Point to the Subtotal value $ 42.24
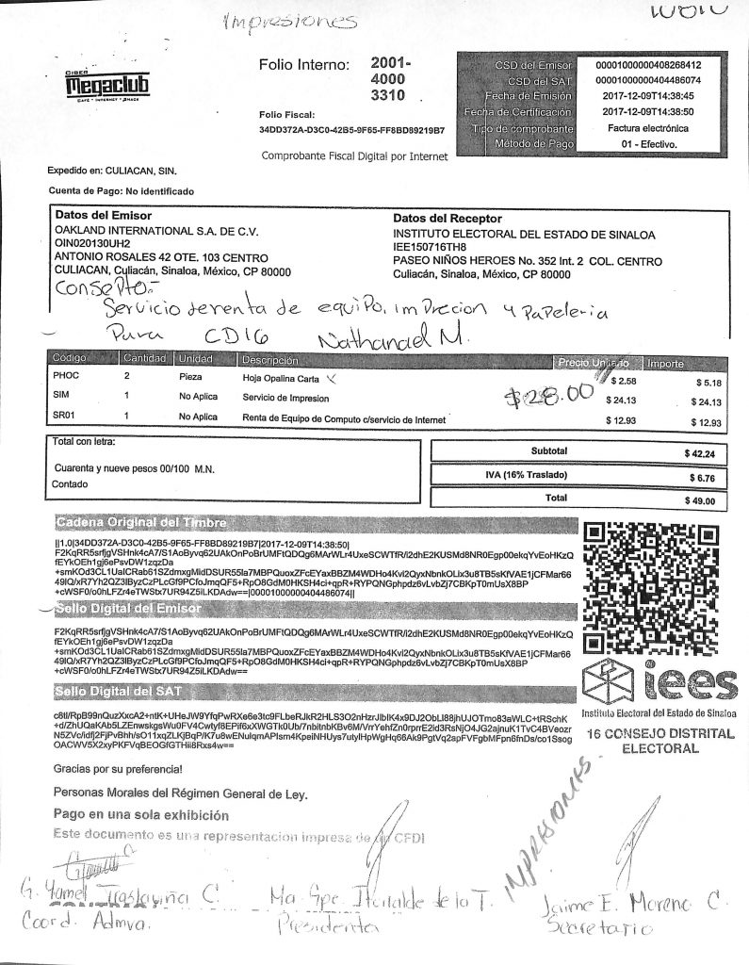click(x=699, y=453)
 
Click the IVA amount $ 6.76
click(x=699, y=477)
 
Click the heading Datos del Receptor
click(x=448, y=218)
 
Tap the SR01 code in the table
click(x=66, y=417)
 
